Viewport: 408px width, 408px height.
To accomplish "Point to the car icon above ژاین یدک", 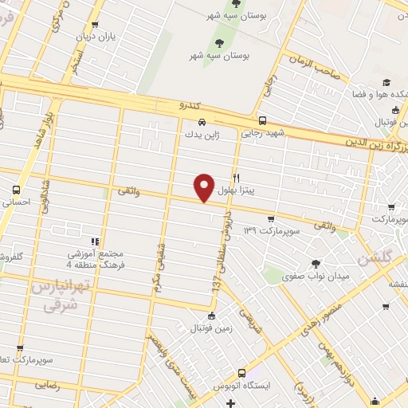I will (204, 122).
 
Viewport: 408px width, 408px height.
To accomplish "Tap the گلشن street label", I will (375, 257).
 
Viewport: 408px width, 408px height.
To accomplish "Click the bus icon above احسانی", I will (17, 190).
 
